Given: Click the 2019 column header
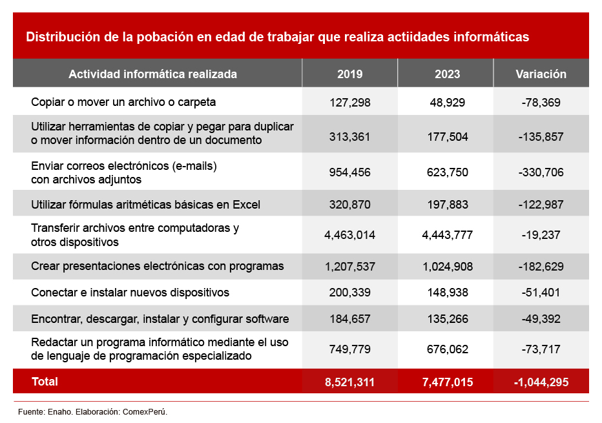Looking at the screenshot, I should click(349, 74).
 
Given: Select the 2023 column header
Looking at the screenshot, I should click(447, 74).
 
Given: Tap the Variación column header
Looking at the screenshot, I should click(541, 74).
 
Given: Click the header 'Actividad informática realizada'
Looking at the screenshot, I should click(152, 74).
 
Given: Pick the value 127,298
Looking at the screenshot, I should click(349, 102).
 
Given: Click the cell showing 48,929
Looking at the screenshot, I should click(447, 102).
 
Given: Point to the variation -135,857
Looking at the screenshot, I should click(541, 136).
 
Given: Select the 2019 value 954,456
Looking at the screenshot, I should click(349, 172).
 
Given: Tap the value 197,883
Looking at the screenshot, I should click(447, 205).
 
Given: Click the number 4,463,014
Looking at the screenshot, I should click(349, 235).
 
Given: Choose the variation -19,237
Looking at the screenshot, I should click(541, 235).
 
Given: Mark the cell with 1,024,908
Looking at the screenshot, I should click(447, 266).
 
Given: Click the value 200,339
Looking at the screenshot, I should click(349, 293).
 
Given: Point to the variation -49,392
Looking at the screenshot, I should click(541, 319).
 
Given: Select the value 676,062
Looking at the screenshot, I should click(447, 349).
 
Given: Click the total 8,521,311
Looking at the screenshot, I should click(349, 382).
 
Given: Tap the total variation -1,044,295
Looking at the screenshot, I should click(541, 382).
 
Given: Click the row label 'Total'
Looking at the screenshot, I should click(45, 382).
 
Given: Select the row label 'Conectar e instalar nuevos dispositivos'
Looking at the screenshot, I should click(130, 293).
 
